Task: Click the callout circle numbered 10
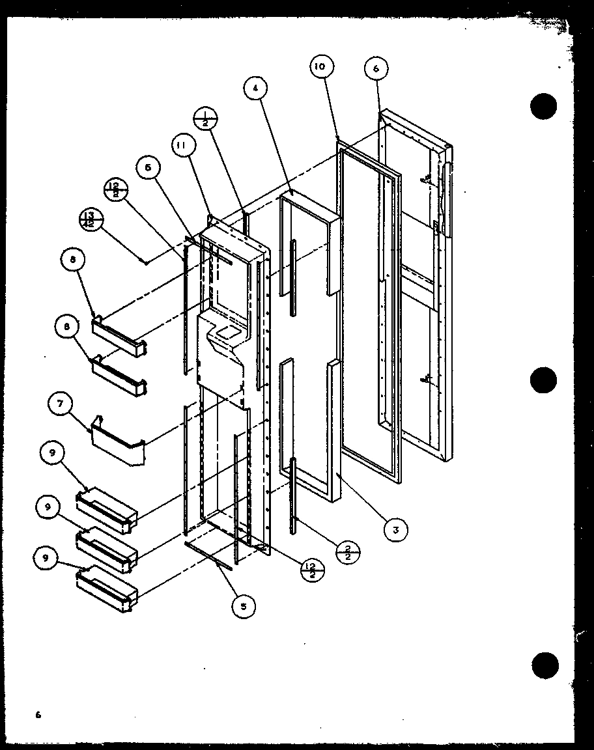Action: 322,66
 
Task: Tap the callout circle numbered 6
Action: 376,69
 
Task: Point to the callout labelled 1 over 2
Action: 206,120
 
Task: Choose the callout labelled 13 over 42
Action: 91,218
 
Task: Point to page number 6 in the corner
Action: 38,715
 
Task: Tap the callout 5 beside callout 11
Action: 148,168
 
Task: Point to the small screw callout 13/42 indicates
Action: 145,262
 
